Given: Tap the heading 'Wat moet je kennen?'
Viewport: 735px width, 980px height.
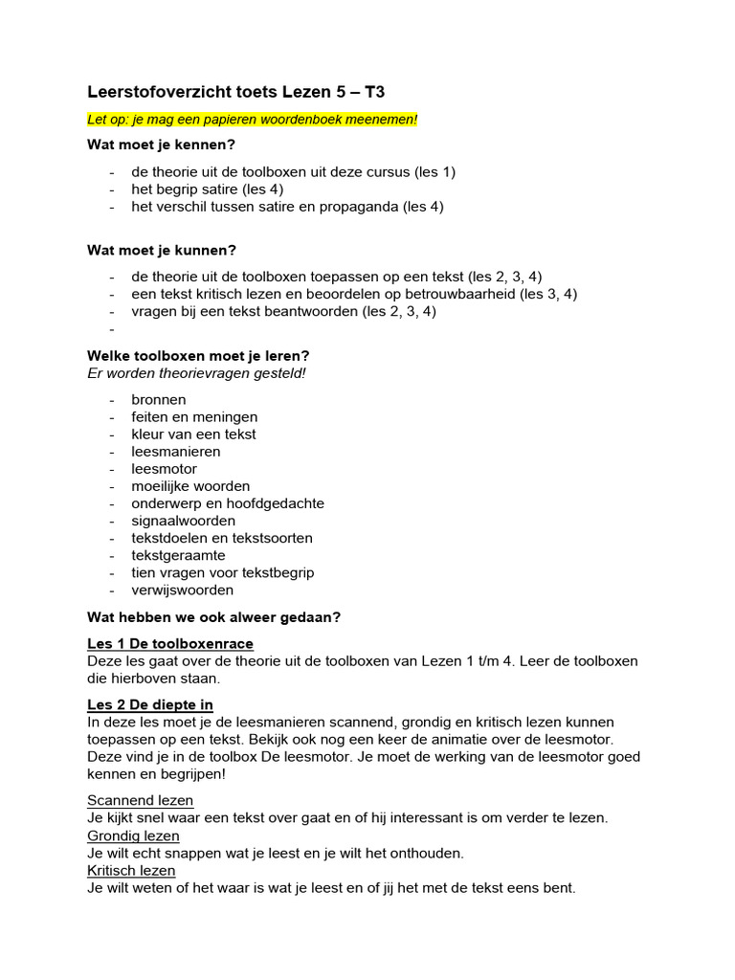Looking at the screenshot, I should click(x=161, y=145).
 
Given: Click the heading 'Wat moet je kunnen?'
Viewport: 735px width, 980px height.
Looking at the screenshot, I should click(x=161, y=251).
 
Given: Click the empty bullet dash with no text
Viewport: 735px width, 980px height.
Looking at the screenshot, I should click(x=112, y=329).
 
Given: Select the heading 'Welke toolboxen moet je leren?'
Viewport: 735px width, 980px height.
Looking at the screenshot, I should click(x=198, y=355).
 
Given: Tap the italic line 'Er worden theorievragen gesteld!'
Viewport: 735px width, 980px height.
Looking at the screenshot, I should click(x=196, y=372).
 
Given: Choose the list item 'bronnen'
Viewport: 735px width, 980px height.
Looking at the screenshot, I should click(x=159, y=399).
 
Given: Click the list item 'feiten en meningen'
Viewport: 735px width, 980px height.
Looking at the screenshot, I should click(x=194, y=416).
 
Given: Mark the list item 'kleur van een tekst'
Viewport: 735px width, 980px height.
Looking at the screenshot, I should click(x=193, y=434).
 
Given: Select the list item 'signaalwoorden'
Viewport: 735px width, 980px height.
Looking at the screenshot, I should click(x=183, y=521).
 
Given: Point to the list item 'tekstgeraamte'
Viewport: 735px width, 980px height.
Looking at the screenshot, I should click(x=179, y=555).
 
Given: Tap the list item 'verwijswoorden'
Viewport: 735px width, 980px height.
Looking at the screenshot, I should click(x=182, y=590).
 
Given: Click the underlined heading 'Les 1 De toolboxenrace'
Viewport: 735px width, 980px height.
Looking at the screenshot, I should click(x=170, y=643).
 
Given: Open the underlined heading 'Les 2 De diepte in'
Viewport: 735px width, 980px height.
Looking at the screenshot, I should click(x=149, y=704).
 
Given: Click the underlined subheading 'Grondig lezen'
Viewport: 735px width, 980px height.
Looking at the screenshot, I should click(x=133, y=835).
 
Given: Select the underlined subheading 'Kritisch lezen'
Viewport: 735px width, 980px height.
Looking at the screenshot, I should click(x=131, y=870).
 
